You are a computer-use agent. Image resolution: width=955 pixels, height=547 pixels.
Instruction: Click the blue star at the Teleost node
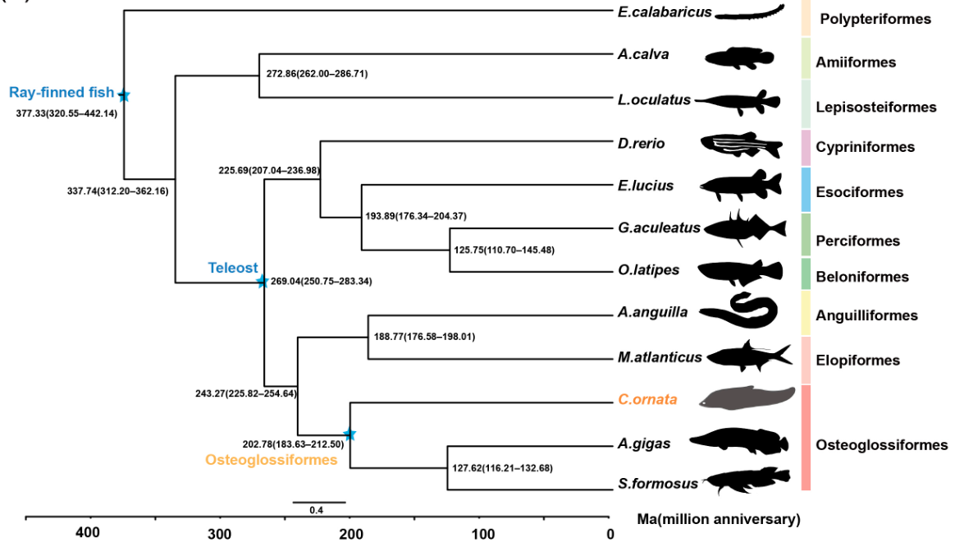point(263,282)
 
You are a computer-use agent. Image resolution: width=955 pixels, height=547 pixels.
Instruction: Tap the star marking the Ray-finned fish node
point(124,95)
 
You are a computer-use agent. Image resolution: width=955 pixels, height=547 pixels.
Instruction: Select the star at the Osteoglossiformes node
point(350,434)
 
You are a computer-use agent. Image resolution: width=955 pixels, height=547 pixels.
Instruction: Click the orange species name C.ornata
point(647,400)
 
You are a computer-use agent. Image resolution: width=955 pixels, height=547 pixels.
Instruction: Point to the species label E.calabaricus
point(665,12)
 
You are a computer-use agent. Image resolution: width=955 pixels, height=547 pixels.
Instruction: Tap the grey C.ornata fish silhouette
point(747,398)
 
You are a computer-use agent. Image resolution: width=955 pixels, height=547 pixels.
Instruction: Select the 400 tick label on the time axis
point(88,533)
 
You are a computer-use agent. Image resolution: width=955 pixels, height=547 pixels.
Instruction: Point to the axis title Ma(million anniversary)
point(719,519)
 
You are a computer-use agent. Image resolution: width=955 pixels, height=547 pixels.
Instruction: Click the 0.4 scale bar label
point(317,510)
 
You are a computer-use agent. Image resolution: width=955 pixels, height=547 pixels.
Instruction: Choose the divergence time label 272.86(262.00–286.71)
point(317,74)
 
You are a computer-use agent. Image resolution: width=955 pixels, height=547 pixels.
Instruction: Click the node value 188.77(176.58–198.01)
point(425,337)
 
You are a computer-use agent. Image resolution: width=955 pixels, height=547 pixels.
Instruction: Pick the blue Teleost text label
point(233,268)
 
